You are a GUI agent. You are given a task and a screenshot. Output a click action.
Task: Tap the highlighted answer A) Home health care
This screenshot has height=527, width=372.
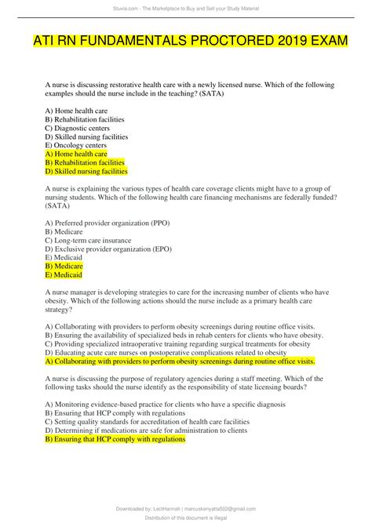click(x=76, y=154)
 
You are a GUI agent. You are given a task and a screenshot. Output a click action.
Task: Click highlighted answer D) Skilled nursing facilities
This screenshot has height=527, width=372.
click(x=86, y=171)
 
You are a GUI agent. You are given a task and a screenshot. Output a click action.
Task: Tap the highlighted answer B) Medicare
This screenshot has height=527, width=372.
click(x=64, y=266)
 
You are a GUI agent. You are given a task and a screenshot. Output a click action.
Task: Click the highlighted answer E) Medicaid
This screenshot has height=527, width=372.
click(x=64, y=274)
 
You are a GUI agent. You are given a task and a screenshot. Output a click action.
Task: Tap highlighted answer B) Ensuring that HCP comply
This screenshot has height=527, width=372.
click(x=115, y=439)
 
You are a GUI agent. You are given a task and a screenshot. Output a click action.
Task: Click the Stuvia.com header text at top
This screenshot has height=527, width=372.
click(x=186, y=7)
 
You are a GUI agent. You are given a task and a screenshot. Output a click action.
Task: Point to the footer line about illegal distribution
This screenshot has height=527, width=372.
click(x=186, y=519)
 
